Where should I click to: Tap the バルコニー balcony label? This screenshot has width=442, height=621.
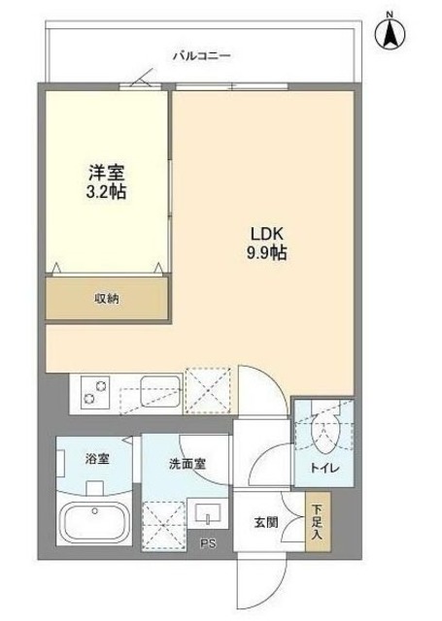point(201,56)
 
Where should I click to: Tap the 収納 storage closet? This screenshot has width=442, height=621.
point(108,298)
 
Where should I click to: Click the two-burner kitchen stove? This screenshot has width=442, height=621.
point(96,393)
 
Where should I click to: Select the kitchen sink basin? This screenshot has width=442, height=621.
point(159,392)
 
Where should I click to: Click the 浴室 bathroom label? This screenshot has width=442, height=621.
point(95,459)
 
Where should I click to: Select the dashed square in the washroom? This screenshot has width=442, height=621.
point(163,523)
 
